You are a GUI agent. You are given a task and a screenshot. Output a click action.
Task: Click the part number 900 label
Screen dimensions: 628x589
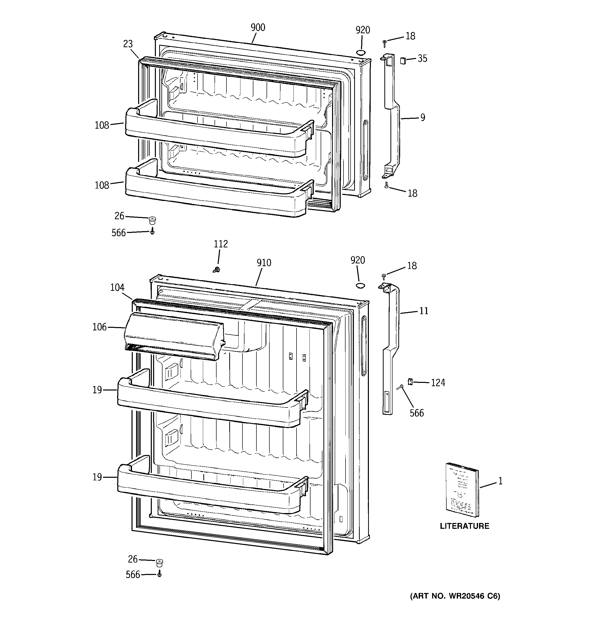[258, 27]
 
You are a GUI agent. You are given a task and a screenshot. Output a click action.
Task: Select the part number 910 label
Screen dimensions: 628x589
[264, 263]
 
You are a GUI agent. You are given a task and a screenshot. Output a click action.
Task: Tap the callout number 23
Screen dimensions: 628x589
[128, 44]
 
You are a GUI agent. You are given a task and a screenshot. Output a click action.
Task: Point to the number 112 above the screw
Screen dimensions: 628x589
[221, 244]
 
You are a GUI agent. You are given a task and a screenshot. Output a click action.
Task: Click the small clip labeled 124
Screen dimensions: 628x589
[410, 382]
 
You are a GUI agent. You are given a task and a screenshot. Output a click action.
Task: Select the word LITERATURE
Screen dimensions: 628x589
[464, 526]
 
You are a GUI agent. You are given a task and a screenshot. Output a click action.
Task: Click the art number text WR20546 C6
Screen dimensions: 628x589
[455, 596]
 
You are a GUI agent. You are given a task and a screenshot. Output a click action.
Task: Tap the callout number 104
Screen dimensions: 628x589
[117, 287]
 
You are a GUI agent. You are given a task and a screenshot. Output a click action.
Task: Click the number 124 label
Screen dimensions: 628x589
[438, 383]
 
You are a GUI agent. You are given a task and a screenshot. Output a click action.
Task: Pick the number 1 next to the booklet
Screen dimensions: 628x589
[500, 481]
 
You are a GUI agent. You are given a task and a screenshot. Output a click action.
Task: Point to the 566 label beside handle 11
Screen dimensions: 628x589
[416, 413]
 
